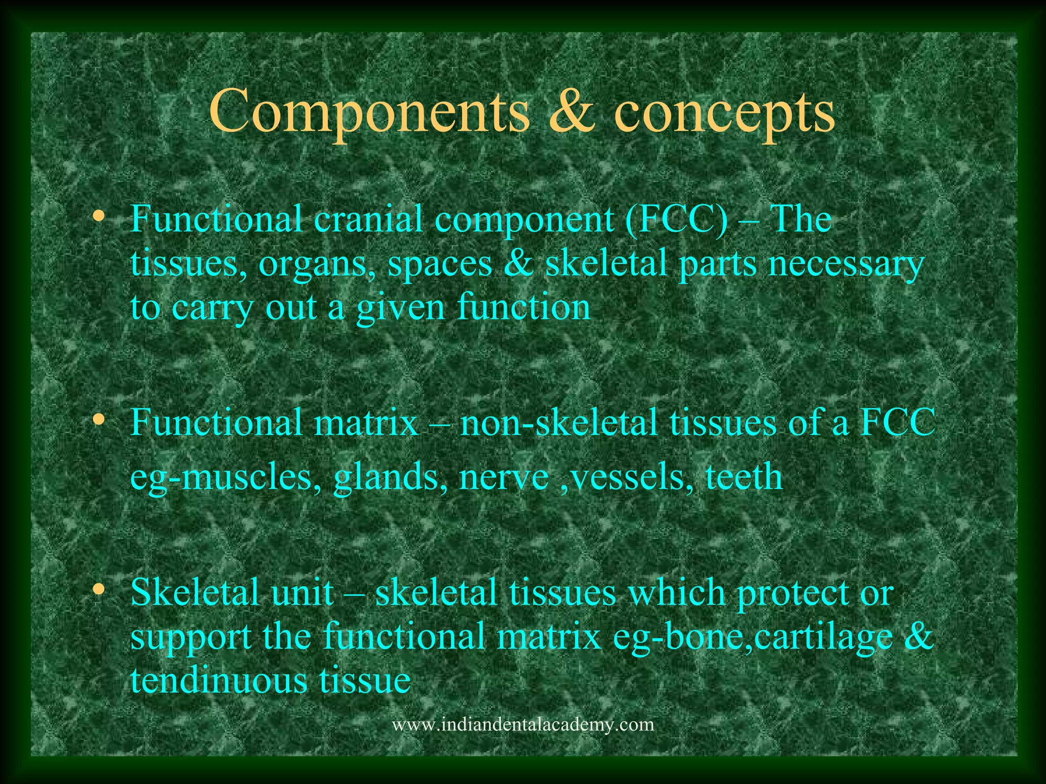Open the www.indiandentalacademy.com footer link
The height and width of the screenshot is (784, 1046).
[x=522, y=725]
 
